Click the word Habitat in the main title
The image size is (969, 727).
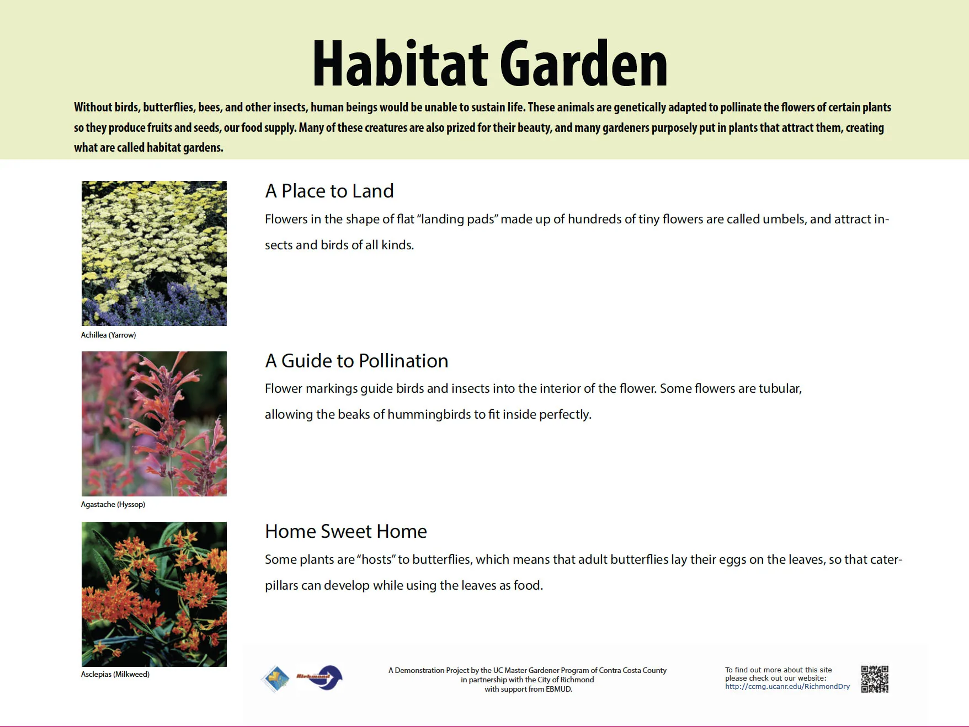tap(401, 65)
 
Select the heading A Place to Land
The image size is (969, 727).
tap(329, 191)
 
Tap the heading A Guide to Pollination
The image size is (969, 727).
tap(356, 361)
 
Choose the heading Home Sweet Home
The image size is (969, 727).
tap(346, 531)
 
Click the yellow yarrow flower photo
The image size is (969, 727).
tap(154, 253)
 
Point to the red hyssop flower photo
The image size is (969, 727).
tap(154, 424)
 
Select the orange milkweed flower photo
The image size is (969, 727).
tap(154, 594)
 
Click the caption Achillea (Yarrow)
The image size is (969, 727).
tap(108, 335)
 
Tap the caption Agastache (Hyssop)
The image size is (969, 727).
tap(113, 504)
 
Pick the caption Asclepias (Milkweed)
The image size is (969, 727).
tap(115, 674)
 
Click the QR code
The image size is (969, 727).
tap(875, 679)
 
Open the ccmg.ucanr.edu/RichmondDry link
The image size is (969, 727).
tap(787, 687)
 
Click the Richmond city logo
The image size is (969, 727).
tap(320, 678)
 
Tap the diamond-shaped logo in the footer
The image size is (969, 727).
tap(276, 678)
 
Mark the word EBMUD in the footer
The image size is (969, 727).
tap(558, 689)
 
